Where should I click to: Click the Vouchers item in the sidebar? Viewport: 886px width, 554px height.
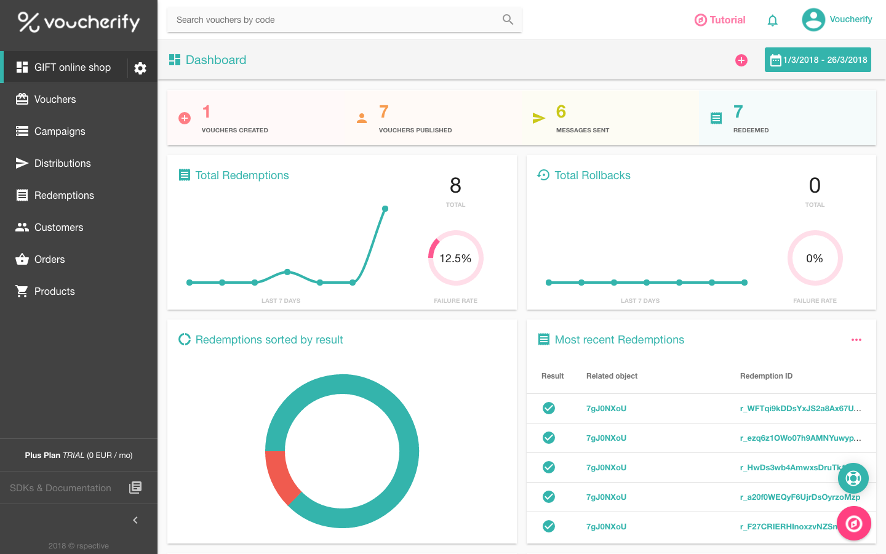point(55,99)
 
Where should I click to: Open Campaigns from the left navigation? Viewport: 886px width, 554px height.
point(59,131)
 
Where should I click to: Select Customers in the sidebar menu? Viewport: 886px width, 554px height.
point(58,227)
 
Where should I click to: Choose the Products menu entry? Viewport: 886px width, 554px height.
point(54,291)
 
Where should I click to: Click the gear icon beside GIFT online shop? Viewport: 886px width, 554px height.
point(140,68)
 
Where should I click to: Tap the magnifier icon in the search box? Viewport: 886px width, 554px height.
point(508,20)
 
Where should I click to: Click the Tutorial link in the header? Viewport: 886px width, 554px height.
point(720,20)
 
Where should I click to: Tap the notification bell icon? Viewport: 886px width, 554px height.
point(773,20)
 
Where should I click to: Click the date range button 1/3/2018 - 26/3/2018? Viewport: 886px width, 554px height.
point(818,60)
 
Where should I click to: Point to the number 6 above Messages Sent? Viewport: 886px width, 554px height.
point(561,111)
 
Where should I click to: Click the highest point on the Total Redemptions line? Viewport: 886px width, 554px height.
point(385,209)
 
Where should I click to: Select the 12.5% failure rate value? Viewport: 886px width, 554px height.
point(455,259)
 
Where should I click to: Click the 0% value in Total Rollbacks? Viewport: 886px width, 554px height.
point(815,259)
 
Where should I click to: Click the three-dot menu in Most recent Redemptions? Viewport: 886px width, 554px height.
point(856,340)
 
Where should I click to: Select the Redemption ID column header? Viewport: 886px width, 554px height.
point(766,376)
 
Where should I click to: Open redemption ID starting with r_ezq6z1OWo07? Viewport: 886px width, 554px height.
point(800,438)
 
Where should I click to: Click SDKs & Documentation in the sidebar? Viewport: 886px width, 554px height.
point(60,488)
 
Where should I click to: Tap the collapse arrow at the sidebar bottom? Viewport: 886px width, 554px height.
point(135,520)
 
